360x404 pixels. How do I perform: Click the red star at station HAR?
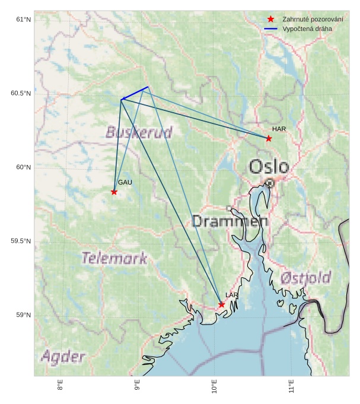(x=269, y=138)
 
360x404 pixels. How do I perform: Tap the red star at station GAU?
(x=114, y=192)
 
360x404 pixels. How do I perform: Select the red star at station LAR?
(x=221, y=304)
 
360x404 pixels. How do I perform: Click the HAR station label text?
(x=279, y=129)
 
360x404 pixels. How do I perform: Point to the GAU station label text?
(x=125, y=182)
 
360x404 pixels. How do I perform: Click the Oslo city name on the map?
(x=269, y=167)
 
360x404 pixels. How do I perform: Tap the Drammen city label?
(x=230, y=221)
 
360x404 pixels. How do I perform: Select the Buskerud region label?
(x=139, y=132)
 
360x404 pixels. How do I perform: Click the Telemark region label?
(x=114, y=258)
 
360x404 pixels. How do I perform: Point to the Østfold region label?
(x=305, y=277)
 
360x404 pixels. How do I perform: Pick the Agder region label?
(x=63, y=357)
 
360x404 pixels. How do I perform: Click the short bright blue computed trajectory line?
(x=135, y=93)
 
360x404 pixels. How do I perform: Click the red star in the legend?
(x=270, y=19)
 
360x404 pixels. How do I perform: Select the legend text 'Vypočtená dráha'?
(x=307, y=28)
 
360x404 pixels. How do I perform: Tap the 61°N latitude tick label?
(x=23, y=20)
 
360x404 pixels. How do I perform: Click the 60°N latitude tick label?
(x=23, y=167)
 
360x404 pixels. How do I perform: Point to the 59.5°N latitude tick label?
(x=21, y=241)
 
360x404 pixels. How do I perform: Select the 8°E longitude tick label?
(x=60, y=386)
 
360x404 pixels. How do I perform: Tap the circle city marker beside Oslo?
(x=270, y=183)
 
